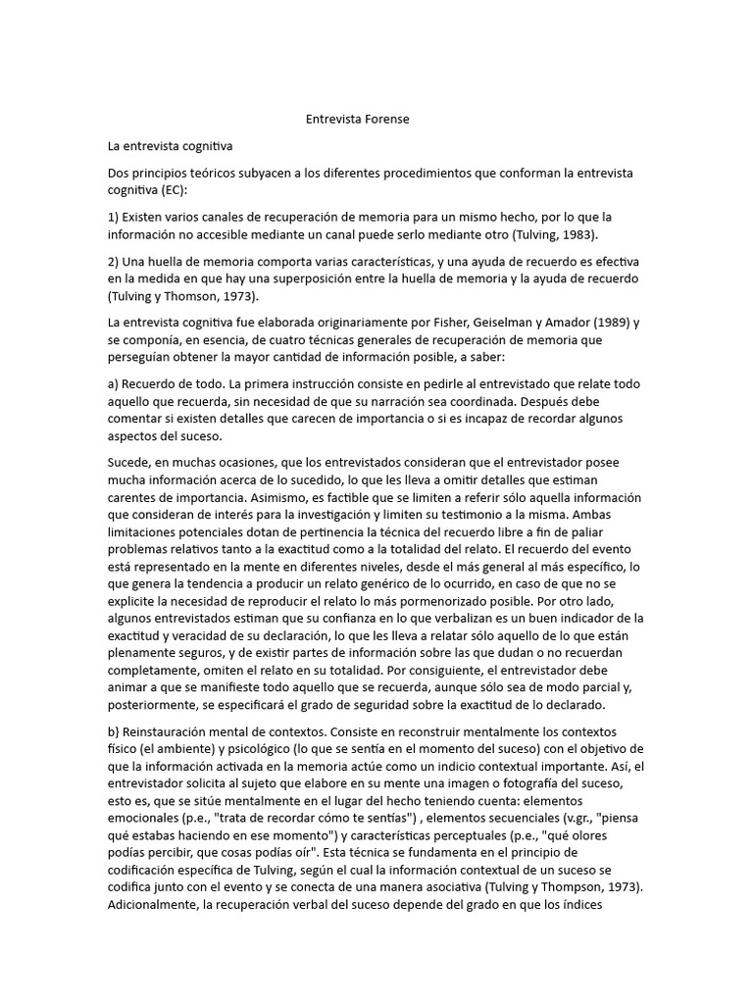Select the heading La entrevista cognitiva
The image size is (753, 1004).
pos(170,146)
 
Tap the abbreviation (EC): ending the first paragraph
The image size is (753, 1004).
pos(170,189)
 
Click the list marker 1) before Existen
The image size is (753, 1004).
pos(113,217)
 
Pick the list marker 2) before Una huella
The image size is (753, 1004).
pos(113,262)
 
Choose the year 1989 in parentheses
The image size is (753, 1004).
pos(618,325)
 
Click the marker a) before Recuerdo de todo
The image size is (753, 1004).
pos(113,385)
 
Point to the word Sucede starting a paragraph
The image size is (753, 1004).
pos(129,462)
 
